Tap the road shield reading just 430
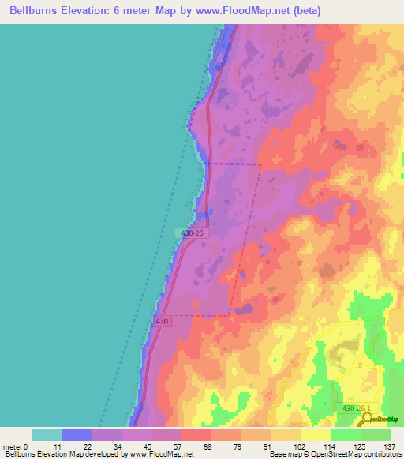coord(163,321)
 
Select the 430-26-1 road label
coord(360,408)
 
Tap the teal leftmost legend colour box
coord(46,435)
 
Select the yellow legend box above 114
coord(316,435)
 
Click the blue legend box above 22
coord(76,435)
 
